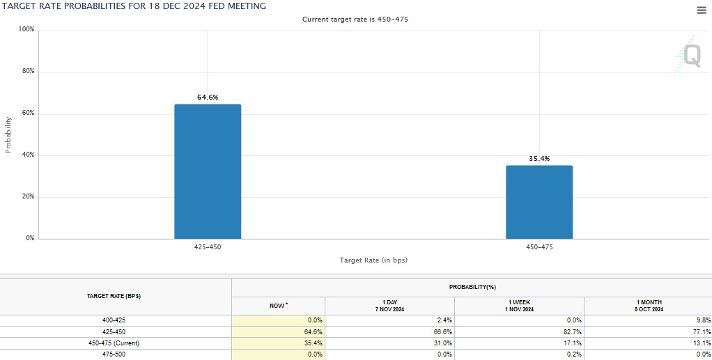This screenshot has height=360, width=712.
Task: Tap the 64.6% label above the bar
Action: point(208,97)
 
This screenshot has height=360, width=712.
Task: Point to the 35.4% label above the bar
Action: point(539,159)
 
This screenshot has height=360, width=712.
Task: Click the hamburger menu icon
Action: point(701,10)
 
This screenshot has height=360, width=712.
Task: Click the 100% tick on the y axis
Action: point(26,30)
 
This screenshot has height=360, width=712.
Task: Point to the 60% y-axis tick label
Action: point(28,114)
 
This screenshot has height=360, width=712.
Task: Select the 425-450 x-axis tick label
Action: point(208,247)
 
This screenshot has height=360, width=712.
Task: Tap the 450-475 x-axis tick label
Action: point(539,247)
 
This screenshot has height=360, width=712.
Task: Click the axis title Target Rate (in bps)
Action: point(373,260)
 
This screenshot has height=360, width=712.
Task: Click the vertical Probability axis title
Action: point(8,134)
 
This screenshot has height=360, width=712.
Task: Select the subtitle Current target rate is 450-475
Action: point(355,19)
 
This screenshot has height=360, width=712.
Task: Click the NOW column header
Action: point(277,306)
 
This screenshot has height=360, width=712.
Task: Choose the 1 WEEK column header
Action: point(519,306)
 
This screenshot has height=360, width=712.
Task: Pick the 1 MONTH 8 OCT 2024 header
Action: point(648,306)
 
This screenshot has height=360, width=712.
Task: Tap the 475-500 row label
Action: point(116,354)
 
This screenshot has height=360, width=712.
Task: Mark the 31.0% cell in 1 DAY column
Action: point(442,343)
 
